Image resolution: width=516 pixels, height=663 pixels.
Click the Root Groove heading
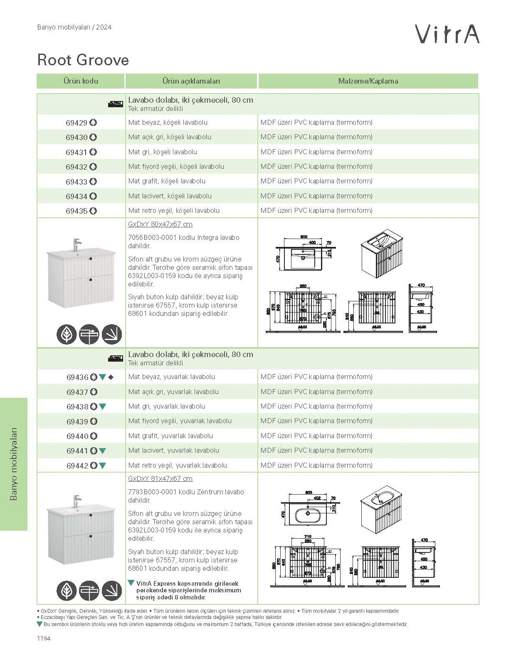tap(83, 60)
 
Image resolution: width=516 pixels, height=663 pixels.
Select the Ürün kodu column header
tap(81, 81)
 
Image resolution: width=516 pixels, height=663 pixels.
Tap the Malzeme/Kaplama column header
tap(368, 81)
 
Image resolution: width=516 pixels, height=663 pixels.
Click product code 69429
tap(77, 123)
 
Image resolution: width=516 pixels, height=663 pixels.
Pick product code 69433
tap(77, 182)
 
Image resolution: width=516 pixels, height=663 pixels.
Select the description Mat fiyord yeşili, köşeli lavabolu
tap(176, 167)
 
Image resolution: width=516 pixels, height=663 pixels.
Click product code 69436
tap(77, 377)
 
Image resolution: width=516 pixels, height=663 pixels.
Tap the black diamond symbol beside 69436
tap(111, 377)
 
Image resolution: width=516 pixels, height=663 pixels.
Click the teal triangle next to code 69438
tap(103, 407)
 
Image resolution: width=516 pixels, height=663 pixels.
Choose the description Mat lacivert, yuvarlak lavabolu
tap(174, 451)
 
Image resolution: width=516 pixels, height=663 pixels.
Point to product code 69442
tap(77, 466)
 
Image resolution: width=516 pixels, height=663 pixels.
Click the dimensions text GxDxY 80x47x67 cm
tap(160, 224)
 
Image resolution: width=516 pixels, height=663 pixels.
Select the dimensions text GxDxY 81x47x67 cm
tap(160, 479)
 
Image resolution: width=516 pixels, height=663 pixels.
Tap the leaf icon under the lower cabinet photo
tap(67, 590)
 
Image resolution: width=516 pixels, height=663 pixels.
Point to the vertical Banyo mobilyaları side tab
tap(14, 464)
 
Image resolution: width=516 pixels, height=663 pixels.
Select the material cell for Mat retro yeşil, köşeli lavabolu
tap(316, 211)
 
